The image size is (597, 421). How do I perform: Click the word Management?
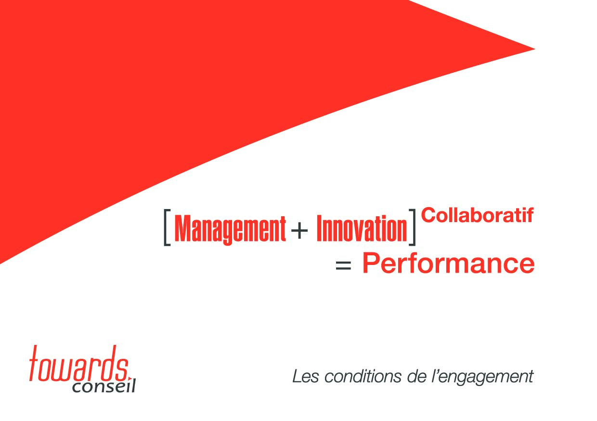tap(230, 230)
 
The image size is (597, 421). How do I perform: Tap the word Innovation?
tap(362, 228)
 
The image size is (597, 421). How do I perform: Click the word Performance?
tap(448, 263)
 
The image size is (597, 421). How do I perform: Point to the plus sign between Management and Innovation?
tap(299, 230)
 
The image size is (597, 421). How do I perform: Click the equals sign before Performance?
tap(343, 265)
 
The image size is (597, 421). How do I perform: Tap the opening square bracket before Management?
tap(167, 227)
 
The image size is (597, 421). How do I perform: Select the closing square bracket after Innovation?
tap(412, 227)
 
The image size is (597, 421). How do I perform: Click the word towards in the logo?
tap(79, 364)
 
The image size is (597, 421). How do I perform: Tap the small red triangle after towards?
tap(130, 378)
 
